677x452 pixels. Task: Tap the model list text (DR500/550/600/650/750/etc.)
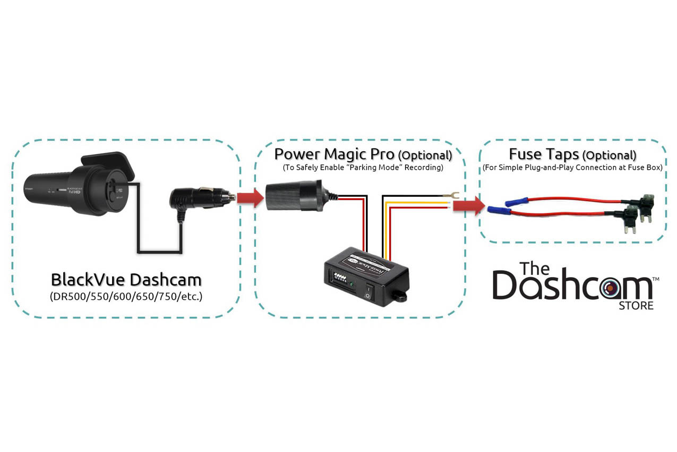tap(126, 297)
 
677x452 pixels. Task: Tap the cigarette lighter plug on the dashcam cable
tap(196, 198)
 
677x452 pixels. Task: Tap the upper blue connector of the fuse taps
tap(516, 202)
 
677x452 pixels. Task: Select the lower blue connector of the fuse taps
tap(499, 211)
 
